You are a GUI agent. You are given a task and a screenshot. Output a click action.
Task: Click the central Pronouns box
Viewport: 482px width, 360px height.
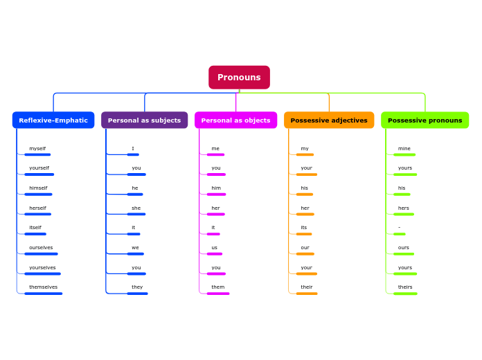(239, 78)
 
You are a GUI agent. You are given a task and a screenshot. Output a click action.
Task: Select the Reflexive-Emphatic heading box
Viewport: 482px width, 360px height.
(53, 120)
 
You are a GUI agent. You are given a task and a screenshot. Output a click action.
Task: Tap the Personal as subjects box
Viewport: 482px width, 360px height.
(144, 120)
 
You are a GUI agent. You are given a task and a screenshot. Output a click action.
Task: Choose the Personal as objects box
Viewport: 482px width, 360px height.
(235, 120)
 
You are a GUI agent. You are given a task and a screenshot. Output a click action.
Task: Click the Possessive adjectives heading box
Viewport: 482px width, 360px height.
(329, 120)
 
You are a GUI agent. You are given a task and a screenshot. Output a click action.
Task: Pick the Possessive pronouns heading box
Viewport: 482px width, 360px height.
(425, 120)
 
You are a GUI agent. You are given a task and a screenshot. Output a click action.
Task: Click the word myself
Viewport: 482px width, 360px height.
(37, 149)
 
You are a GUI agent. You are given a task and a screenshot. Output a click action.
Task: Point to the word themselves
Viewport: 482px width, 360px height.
(43, 287)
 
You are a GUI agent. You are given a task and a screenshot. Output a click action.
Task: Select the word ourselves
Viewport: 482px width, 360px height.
(41, 248)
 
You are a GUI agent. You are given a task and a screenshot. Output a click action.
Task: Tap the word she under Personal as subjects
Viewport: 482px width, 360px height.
(136, 208)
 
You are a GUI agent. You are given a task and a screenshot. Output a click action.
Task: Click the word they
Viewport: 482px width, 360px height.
(137, 287)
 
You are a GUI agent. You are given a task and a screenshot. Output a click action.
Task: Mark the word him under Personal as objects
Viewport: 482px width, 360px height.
(216, 188)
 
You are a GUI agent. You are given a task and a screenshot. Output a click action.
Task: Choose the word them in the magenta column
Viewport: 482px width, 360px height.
(217, 287)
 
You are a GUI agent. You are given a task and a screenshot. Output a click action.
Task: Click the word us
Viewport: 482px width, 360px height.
(215, 248)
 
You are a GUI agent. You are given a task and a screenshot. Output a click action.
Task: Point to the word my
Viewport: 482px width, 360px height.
(305, 149)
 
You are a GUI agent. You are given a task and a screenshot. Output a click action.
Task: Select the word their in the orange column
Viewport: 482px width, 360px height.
(307, 287)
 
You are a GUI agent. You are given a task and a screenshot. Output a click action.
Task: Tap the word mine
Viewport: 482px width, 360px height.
(404, 149)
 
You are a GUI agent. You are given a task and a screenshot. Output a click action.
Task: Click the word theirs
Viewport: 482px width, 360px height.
(405, 287)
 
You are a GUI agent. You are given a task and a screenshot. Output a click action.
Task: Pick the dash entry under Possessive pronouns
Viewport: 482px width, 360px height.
(399, 228)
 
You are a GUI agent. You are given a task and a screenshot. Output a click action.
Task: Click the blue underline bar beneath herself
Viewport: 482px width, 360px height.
(37, 215)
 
